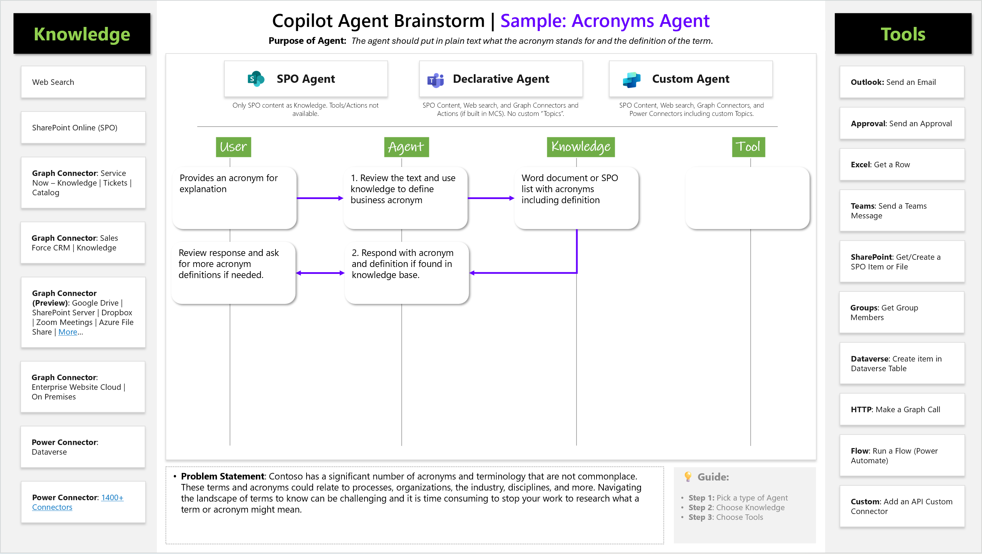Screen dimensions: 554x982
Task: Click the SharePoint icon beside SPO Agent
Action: tap(256, 79)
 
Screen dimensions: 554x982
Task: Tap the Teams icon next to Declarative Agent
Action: tap(436, 80)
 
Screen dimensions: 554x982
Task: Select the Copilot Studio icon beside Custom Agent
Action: tap(631, 80)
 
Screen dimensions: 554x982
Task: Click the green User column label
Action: tap(233, 147)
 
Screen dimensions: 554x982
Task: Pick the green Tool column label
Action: tap(748, 147)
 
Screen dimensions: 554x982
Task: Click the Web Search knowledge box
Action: tap(83, 82)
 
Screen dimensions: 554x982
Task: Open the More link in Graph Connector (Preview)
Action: tap(68, 332)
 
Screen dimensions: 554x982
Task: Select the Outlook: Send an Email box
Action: tap(902, 82)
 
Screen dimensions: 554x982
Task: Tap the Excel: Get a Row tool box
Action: tap(902, 164)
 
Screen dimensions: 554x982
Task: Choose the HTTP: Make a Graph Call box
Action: tap(902, 409)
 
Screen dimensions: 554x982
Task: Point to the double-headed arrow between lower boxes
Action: tap(320, 273)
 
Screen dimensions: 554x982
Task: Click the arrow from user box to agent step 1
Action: tap(320, 198)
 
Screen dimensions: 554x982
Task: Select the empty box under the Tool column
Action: tap(747, 198)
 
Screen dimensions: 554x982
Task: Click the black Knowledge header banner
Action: tap(82, 33)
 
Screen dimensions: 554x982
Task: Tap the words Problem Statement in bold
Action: tap(222, 476)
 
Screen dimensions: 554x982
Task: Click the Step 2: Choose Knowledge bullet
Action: tap(736, 507)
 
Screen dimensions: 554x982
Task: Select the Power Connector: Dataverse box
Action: tap(83, 446)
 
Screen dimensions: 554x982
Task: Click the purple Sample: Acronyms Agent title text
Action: tap(604, 21)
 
